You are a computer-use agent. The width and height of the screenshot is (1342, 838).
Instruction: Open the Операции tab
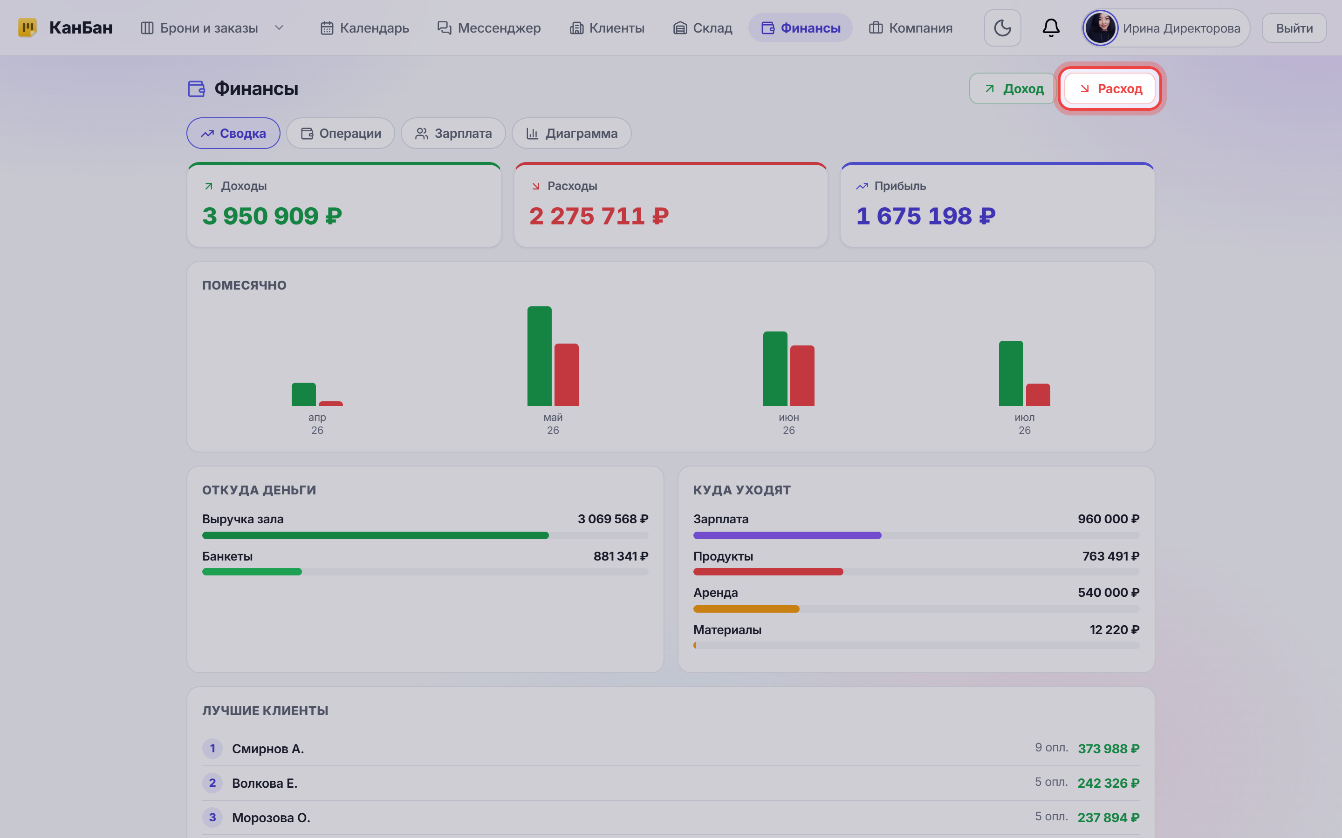coord(341,134)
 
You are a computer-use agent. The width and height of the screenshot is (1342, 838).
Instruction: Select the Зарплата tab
coord(453,134)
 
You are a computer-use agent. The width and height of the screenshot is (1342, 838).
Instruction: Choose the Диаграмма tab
coord(571,134)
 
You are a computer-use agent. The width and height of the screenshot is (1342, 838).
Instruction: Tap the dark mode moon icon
coord(1002,28)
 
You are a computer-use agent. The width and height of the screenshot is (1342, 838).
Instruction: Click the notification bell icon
coord(1051,28)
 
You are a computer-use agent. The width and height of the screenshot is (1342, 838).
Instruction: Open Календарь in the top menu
coord(364,28)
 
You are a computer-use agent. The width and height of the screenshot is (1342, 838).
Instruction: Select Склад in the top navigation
coord(702,28)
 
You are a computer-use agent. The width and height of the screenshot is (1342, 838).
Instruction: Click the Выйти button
coord(1294,28)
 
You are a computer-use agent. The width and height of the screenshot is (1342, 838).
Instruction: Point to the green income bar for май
coord(539,356)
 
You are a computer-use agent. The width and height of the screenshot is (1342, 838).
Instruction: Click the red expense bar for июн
coord(802,375)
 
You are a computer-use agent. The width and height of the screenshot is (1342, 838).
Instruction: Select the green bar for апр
coord(303,394)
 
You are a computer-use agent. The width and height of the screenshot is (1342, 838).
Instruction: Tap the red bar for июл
coord(1038,395)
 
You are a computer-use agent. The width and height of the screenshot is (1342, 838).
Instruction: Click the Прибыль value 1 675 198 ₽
coord(925,216)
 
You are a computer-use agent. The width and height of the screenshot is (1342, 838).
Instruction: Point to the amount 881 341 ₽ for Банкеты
coord(621,556)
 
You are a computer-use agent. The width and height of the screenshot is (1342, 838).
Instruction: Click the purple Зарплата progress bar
coord(787,535)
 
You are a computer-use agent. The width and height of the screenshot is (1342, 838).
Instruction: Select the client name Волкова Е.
coord(265,783)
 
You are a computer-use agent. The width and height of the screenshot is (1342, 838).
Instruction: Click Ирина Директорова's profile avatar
coord(1100,28)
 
